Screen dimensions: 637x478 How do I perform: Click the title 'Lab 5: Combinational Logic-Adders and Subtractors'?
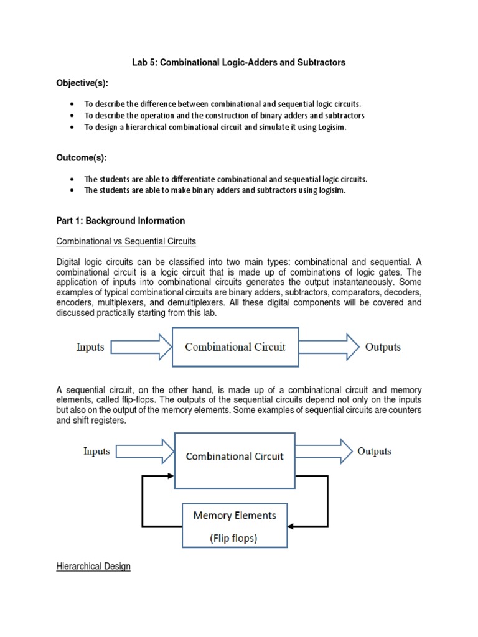pyautogui.click(x=238, y=63)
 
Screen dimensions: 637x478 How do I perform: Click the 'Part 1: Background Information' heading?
pyautogui.click(x=121, y=221)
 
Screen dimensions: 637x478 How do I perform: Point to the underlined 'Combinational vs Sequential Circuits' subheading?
pyautogui.click(x=125, y=241)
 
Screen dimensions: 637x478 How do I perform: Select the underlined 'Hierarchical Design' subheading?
pyautogui.click(x=93, y=567)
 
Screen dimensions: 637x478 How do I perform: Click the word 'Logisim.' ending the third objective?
pyautogui.click(x=327, y=128)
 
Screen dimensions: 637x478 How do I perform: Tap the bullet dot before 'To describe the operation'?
pyautogui.click(x=73, y=116)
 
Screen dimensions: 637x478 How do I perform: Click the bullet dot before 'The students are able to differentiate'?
pyautogui.click(x=73, y=179)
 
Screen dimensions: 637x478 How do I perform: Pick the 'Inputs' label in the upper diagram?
pyautogui.click(x=90, y=347)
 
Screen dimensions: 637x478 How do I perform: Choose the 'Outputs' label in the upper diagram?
pyautogui.click(x=383, y=347)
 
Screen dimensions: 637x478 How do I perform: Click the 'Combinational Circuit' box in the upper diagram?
pyautogui.click(x=235, y=346)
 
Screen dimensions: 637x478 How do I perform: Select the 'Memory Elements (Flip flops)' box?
pyautogui.click(x=235, y=526)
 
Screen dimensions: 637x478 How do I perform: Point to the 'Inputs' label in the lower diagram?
pyautogui.click(x=96, y=452)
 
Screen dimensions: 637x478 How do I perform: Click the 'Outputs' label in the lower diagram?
pyautogui.click(x=374, y=452)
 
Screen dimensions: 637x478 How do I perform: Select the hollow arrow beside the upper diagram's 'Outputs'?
pyautogui.click(x=330, y=347)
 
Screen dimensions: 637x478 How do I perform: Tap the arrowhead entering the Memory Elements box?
pyautogui.click(x=291, y=526)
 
